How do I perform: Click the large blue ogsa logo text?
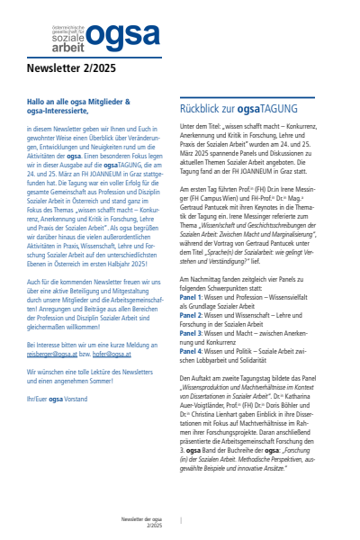[x=118, y=40]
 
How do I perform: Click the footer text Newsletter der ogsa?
[x=144, y=520]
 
